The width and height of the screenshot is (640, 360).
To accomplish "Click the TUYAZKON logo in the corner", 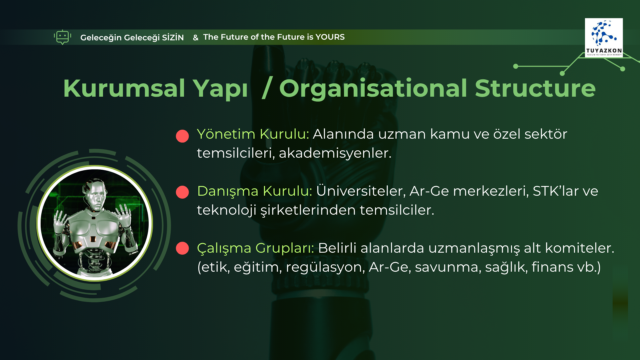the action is point(604,38).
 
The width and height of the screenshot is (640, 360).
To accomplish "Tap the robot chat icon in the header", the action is point(62,37).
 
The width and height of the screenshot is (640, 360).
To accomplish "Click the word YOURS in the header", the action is point(330,37).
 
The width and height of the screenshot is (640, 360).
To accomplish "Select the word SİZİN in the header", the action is point(173,37).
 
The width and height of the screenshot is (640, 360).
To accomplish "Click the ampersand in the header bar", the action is point(196,38).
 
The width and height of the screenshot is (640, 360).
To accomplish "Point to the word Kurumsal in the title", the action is point(124,88).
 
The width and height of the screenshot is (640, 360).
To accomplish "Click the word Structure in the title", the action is point(535,88).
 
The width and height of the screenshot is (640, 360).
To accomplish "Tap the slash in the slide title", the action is point(267,88).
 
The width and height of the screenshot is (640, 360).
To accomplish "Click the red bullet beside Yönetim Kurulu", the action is point(182,136).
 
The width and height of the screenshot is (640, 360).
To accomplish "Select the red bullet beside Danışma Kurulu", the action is point(182,192).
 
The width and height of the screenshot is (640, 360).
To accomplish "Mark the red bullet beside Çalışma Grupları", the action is point(182,248).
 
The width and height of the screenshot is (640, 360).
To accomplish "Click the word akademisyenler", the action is point(335,153).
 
